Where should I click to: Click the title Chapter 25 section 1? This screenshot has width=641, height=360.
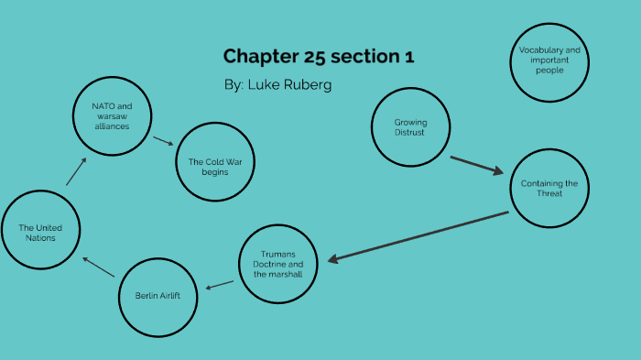pyautogui.click(x=319, y=56)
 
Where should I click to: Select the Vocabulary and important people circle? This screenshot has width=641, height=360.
pyautogui.click(x=549, y=60)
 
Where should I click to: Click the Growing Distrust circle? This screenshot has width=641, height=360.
pyautogui.click(x=409, y=126)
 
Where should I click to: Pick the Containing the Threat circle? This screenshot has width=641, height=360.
pyautogui.click(x=549, y=188)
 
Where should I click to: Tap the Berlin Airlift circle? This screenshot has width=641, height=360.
pyautogui.click(x=158, y=297)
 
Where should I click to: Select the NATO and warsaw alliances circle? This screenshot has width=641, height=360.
pyautogui.click(x=111, y=116)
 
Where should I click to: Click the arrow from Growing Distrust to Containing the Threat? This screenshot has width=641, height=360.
pyautogui.click(x=476, y=165)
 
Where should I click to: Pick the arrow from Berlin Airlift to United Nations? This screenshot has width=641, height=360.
pyautogui.click(x=98, y=267)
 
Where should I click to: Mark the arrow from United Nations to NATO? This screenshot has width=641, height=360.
pyautogui.click(x=76, y=171)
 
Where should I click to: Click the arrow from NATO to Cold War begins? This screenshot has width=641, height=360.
pyautogui.click(x=163, y=141)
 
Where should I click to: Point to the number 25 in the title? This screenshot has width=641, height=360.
pyautogui.click(x=313, y=56)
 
